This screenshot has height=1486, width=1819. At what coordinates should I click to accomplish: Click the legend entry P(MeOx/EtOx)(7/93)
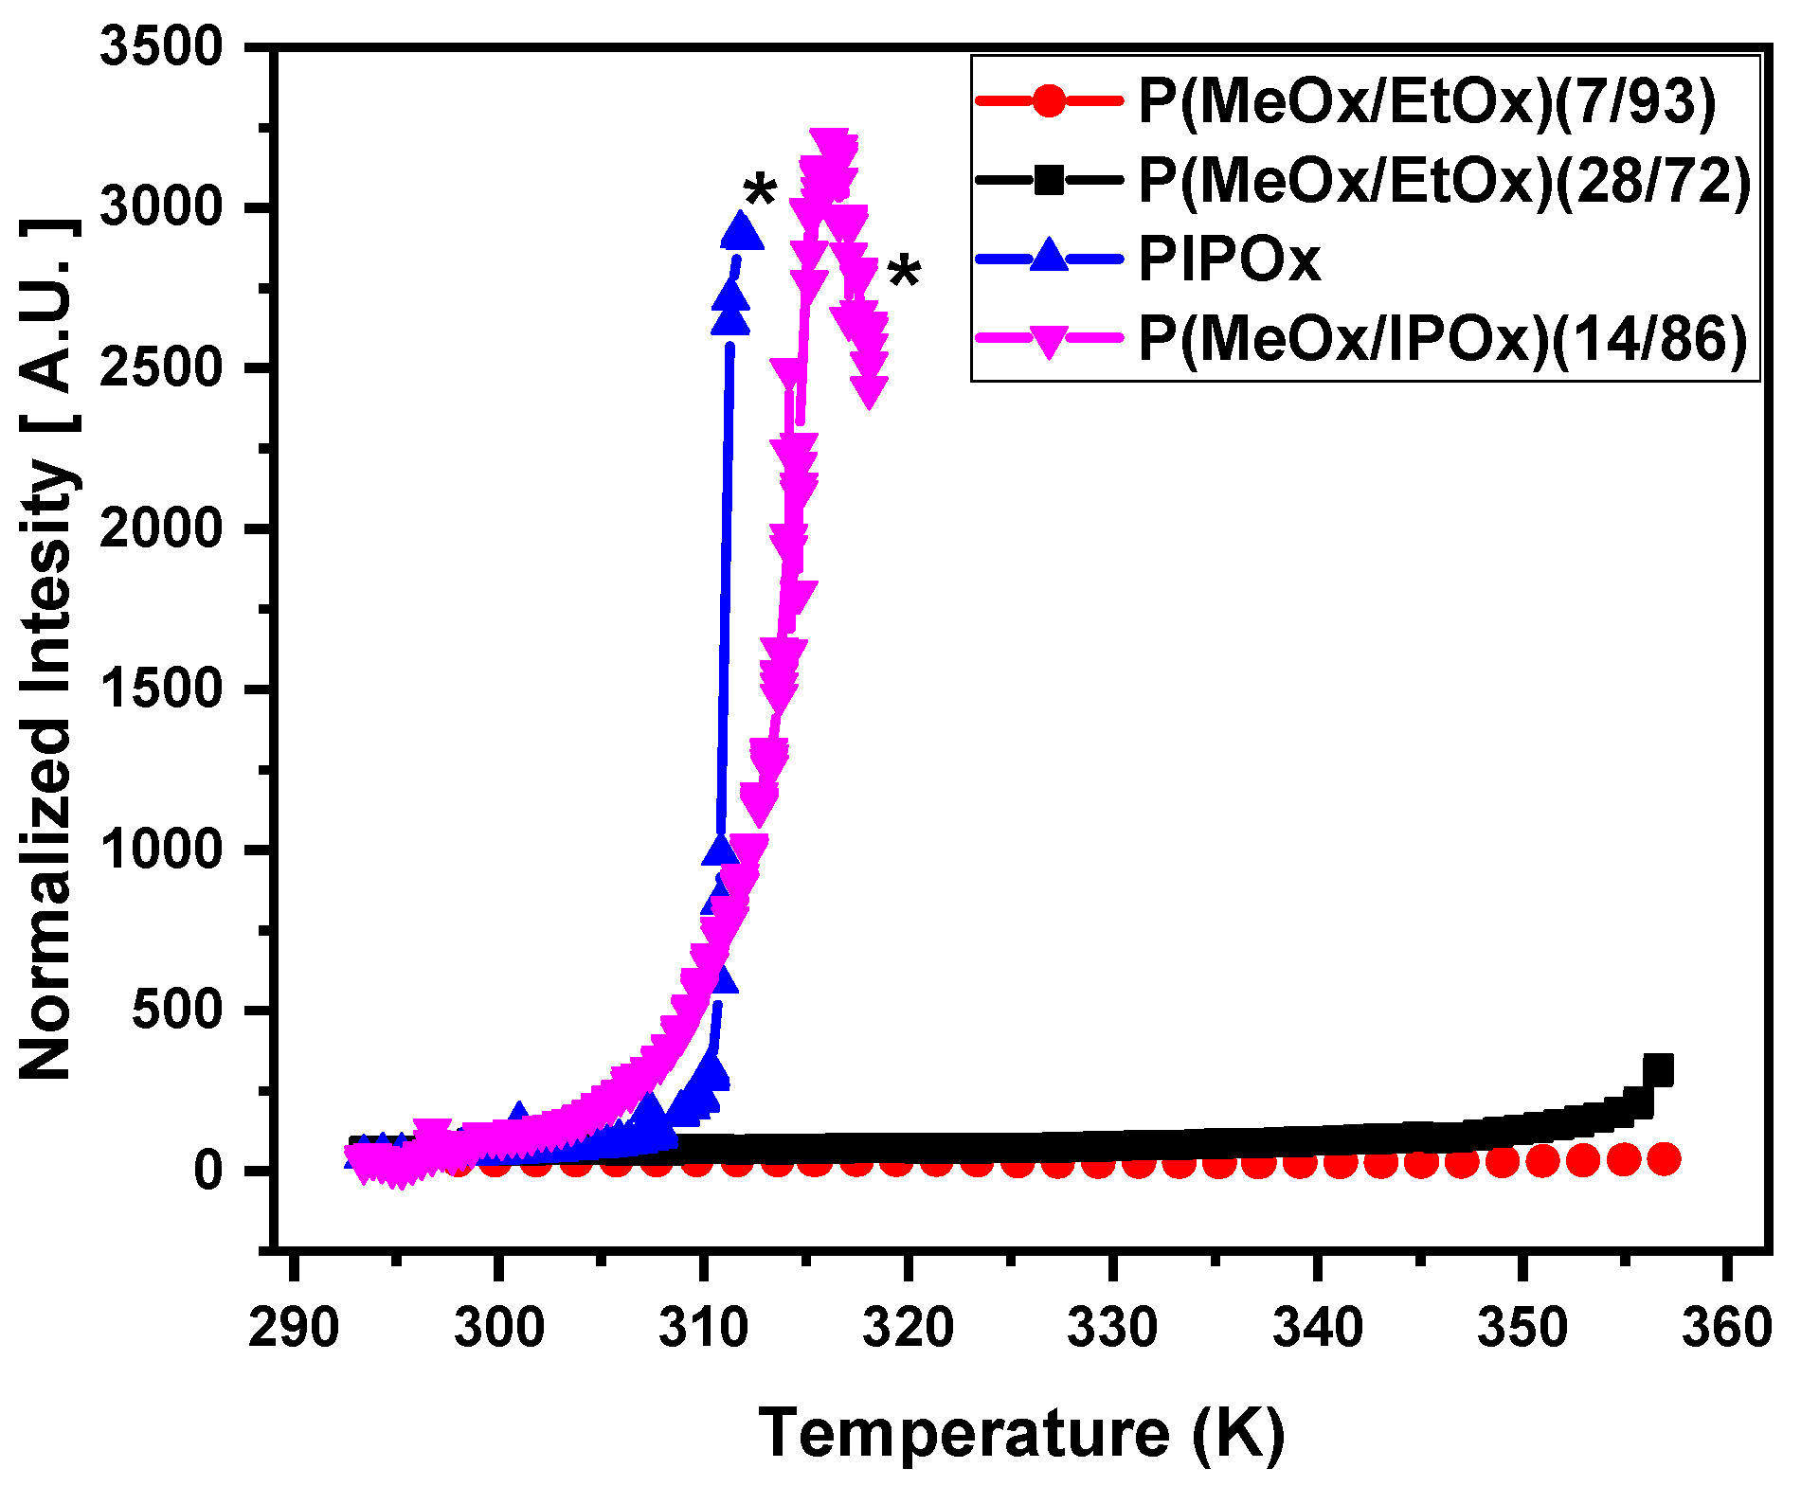[1427, 100]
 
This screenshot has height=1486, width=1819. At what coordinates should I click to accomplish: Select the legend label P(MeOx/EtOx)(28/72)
[1444, 179]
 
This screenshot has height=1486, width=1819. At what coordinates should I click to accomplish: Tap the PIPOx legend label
[1229, 258]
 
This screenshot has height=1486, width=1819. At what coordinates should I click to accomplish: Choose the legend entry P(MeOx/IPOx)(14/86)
[1442, 338]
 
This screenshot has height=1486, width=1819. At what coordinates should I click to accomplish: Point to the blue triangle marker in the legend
[1049, 256]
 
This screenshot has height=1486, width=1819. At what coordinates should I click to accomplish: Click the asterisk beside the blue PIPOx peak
[760, 192]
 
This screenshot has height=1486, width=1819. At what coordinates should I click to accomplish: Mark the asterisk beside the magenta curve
[904, 272]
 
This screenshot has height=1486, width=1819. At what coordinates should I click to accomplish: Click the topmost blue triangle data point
[742, 231]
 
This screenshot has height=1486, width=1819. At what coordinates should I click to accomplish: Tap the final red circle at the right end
[1664, 1158]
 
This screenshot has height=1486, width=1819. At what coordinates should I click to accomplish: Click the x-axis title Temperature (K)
[1021, 1433]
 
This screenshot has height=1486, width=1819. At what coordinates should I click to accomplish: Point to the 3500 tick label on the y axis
[161, 46]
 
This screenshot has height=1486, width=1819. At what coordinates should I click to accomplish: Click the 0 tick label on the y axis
[207, 1172]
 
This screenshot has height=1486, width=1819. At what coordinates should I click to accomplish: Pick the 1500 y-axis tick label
[161, 689]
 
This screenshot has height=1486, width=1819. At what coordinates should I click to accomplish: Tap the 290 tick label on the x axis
[294, 1327]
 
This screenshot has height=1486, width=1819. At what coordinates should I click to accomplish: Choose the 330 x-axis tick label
[1112, 1327]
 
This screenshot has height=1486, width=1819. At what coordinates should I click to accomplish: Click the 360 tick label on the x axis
[1726, 1327]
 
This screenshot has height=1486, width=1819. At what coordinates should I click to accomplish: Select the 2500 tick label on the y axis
[161, 367]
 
